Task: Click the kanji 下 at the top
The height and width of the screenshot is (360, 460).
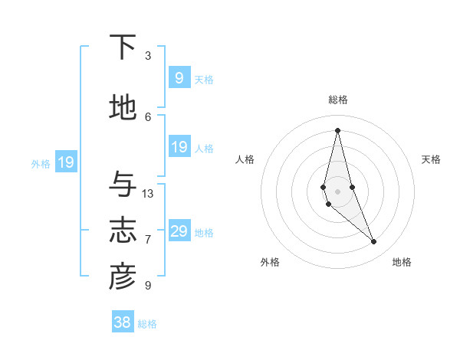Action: (x=123, y=47)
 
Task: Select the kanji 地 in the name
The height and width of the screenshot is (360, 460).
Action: (x=123, y=109)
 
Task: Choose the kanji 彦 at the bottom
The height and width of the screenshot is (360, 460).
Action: (x=123, y=277)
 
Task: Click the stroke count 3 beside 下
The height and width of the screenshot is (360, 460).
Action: (x=148, y=56)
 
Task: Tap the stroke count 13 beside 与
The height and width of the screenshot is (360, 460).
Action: (x=148, y=194)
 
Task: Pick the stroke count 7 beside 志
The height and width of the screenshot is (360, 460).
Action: (x=148, y=240)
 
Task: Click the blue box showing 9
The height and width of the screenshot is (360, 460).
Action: (x=179, y=77)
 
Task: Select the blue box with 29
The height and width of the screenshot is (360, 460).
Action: (x=179, y=231)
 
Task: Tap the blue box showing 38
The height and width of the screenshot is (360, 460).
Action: (x=123, y=322)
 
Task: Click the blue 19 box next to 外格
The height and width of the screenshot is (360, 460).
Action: (x=65, y=162)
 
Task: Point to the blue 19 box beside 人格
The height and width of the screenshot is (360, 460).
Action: (x=179, y=147)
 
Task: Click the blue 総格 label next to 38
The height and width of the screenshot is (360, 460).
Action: (x=147, y=324)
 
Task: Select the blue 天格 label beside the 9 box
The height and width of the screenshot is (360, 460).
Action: (x=204, y=79)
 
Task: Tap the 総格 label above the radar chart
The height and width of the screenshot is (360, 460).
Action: (x=338, y=100)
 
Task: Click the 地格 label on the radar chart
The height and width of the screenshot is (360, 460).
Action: (x=402, y=262)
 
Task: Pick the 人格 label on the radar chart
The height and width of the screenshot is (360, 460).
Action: (x=245, y=159)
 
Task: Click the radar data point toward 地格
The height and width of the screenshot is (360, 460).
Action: (x=373, y=242)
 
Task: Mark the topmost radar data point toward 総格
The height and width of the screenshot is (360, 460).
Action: (x=337, y=129)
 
